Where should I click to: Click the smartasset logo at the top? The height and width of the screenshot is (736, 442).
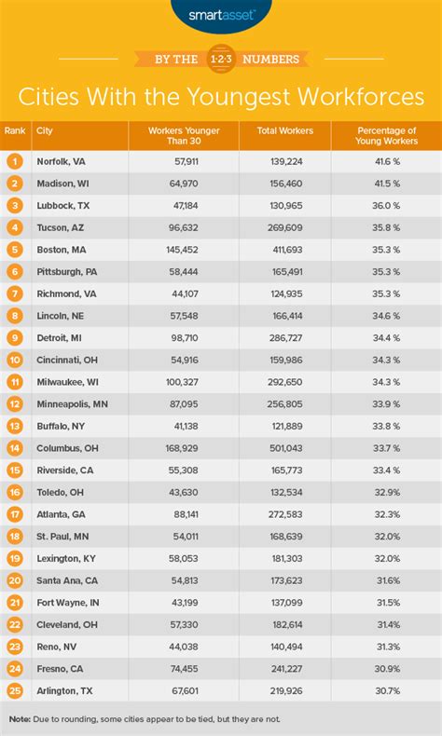click(221, 15)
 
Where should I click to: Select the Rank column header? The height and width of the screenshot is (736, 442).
click(14, 130)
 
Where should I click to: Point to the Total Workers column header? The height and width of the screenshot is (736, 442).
click(285, 130)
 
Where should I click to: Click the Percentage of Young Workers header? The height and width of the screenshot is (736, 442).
click(386, 136)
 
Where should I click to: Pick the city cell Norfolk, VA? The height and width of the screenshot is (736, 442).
click(60, 161)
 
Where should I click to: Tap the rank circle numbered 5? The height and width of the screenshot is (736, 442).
click(14, 250)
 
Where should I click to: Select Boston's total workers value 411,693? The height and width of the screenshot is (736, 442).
click(285, 250)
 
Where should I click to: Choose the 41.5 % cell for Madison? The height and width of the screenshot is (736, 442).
click(386, 184)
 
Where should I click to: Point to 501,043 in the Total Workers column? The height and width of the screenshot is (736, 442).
click(285, 447)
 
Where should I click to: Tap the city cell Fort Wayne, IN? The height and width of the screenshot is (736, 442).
click(67, 601)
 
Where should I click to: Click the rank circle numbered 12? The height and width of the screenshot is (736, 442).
click(14, 403)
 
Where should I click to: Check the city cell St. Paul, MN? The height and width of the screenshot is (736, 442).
click(62, 535)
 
